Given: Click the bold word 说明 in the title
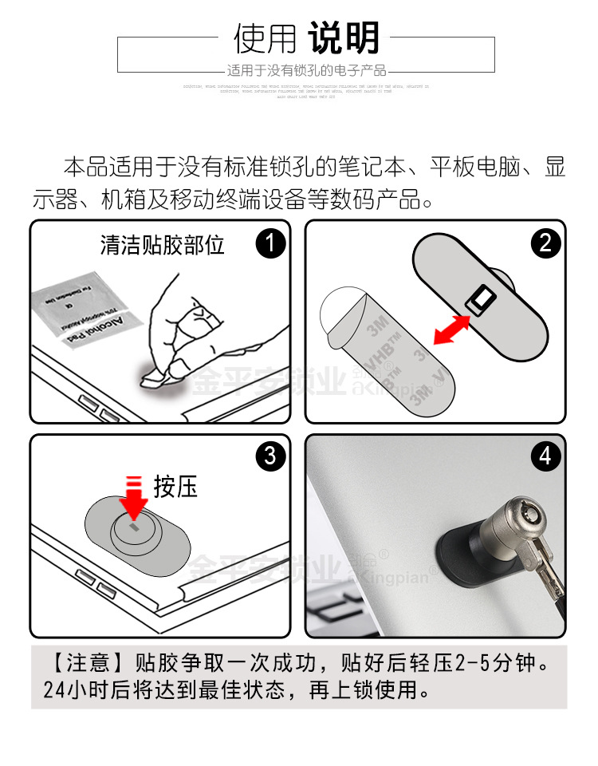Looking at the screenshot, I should click(344, 38).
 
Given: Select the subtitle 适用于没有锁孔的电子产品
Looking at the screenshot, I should click(306, 70).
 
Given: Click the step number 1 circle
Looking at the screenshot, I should click(270, 243).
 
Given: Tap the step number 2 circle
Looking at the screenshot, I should click(545, 243).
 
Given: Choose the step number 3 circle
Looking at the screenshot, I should click(270, 456).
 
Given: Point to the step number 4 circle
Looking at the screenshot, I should click(545, 456).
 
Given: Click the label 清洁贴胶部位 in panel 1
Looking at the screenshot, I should click(163, 244).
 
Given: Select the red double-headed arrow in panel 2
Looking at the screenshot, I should click(449, 330).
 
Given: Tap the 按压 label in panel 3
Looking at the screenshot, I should click(175, 487).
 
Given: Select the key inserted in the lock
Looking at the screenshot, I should click(542, 559).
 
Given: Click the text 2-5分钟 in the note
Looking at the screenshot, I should click(496, 664).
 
